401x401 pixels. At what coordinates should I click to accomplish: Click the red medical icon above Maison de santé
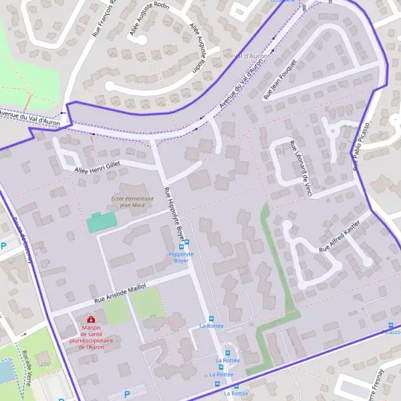pos(91,319)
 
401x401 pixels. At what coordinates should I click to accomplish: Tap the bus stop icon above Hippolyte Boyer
pos(186,242)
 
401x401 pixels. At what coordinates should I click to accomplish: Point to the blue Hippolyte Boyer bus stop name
pos(181,257)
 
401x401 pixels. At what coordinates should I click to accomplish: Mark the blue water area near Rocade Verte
pos(5,371)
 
